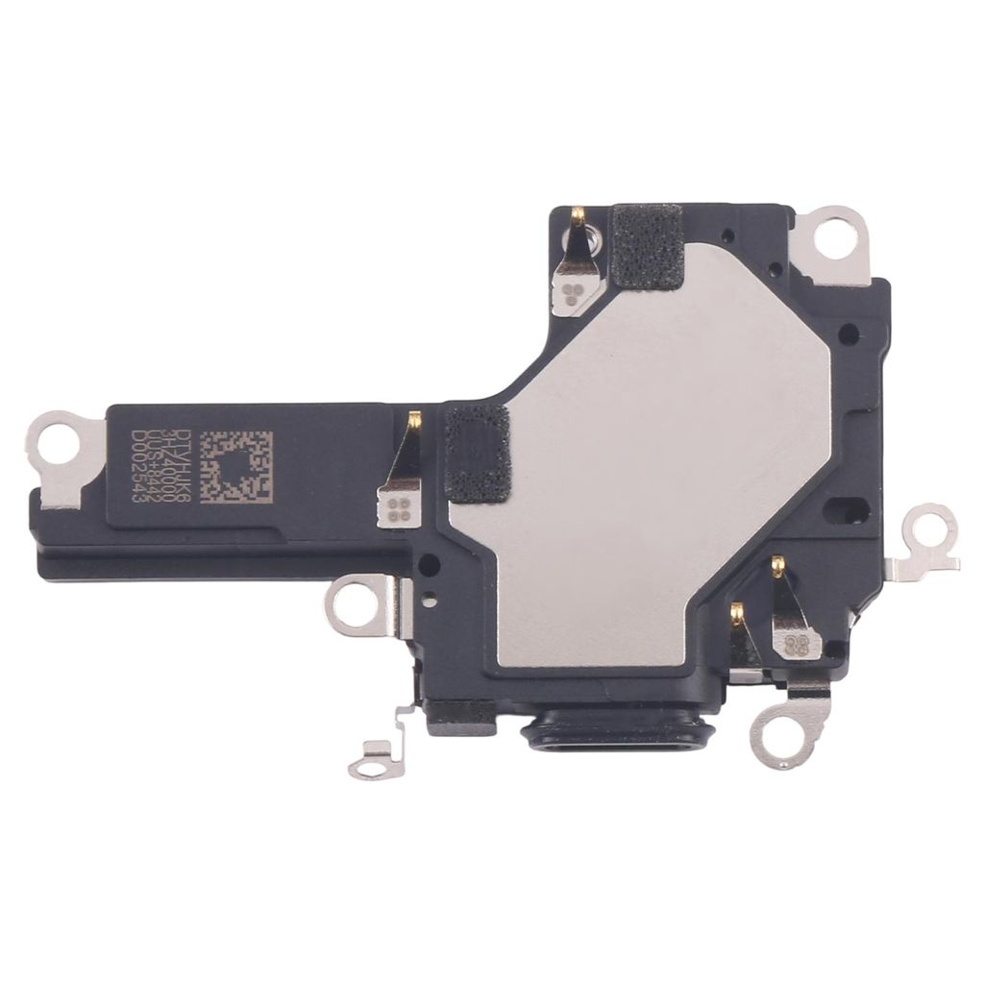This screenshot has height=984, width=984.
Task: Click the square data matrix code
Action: [240, 469]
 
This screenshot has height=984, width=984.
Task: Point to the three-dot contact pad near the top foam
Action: [577, 295]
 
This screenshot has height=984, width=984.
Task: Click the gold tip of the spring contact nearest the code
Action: [415, 420]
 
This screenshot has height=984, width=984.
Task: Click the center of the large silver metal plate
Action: [653, 461]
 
